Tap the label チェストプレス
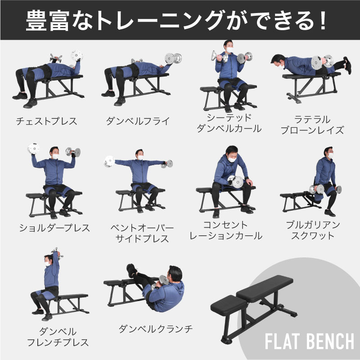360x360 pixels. point(46,121)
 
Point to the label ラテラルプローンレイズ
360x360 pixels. point(312,125)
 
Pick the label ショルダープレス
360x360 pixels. point(54,228)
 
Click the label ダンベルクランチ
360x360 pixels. point(156,329)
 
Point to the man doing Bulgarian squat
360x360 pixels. point(323,180)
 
